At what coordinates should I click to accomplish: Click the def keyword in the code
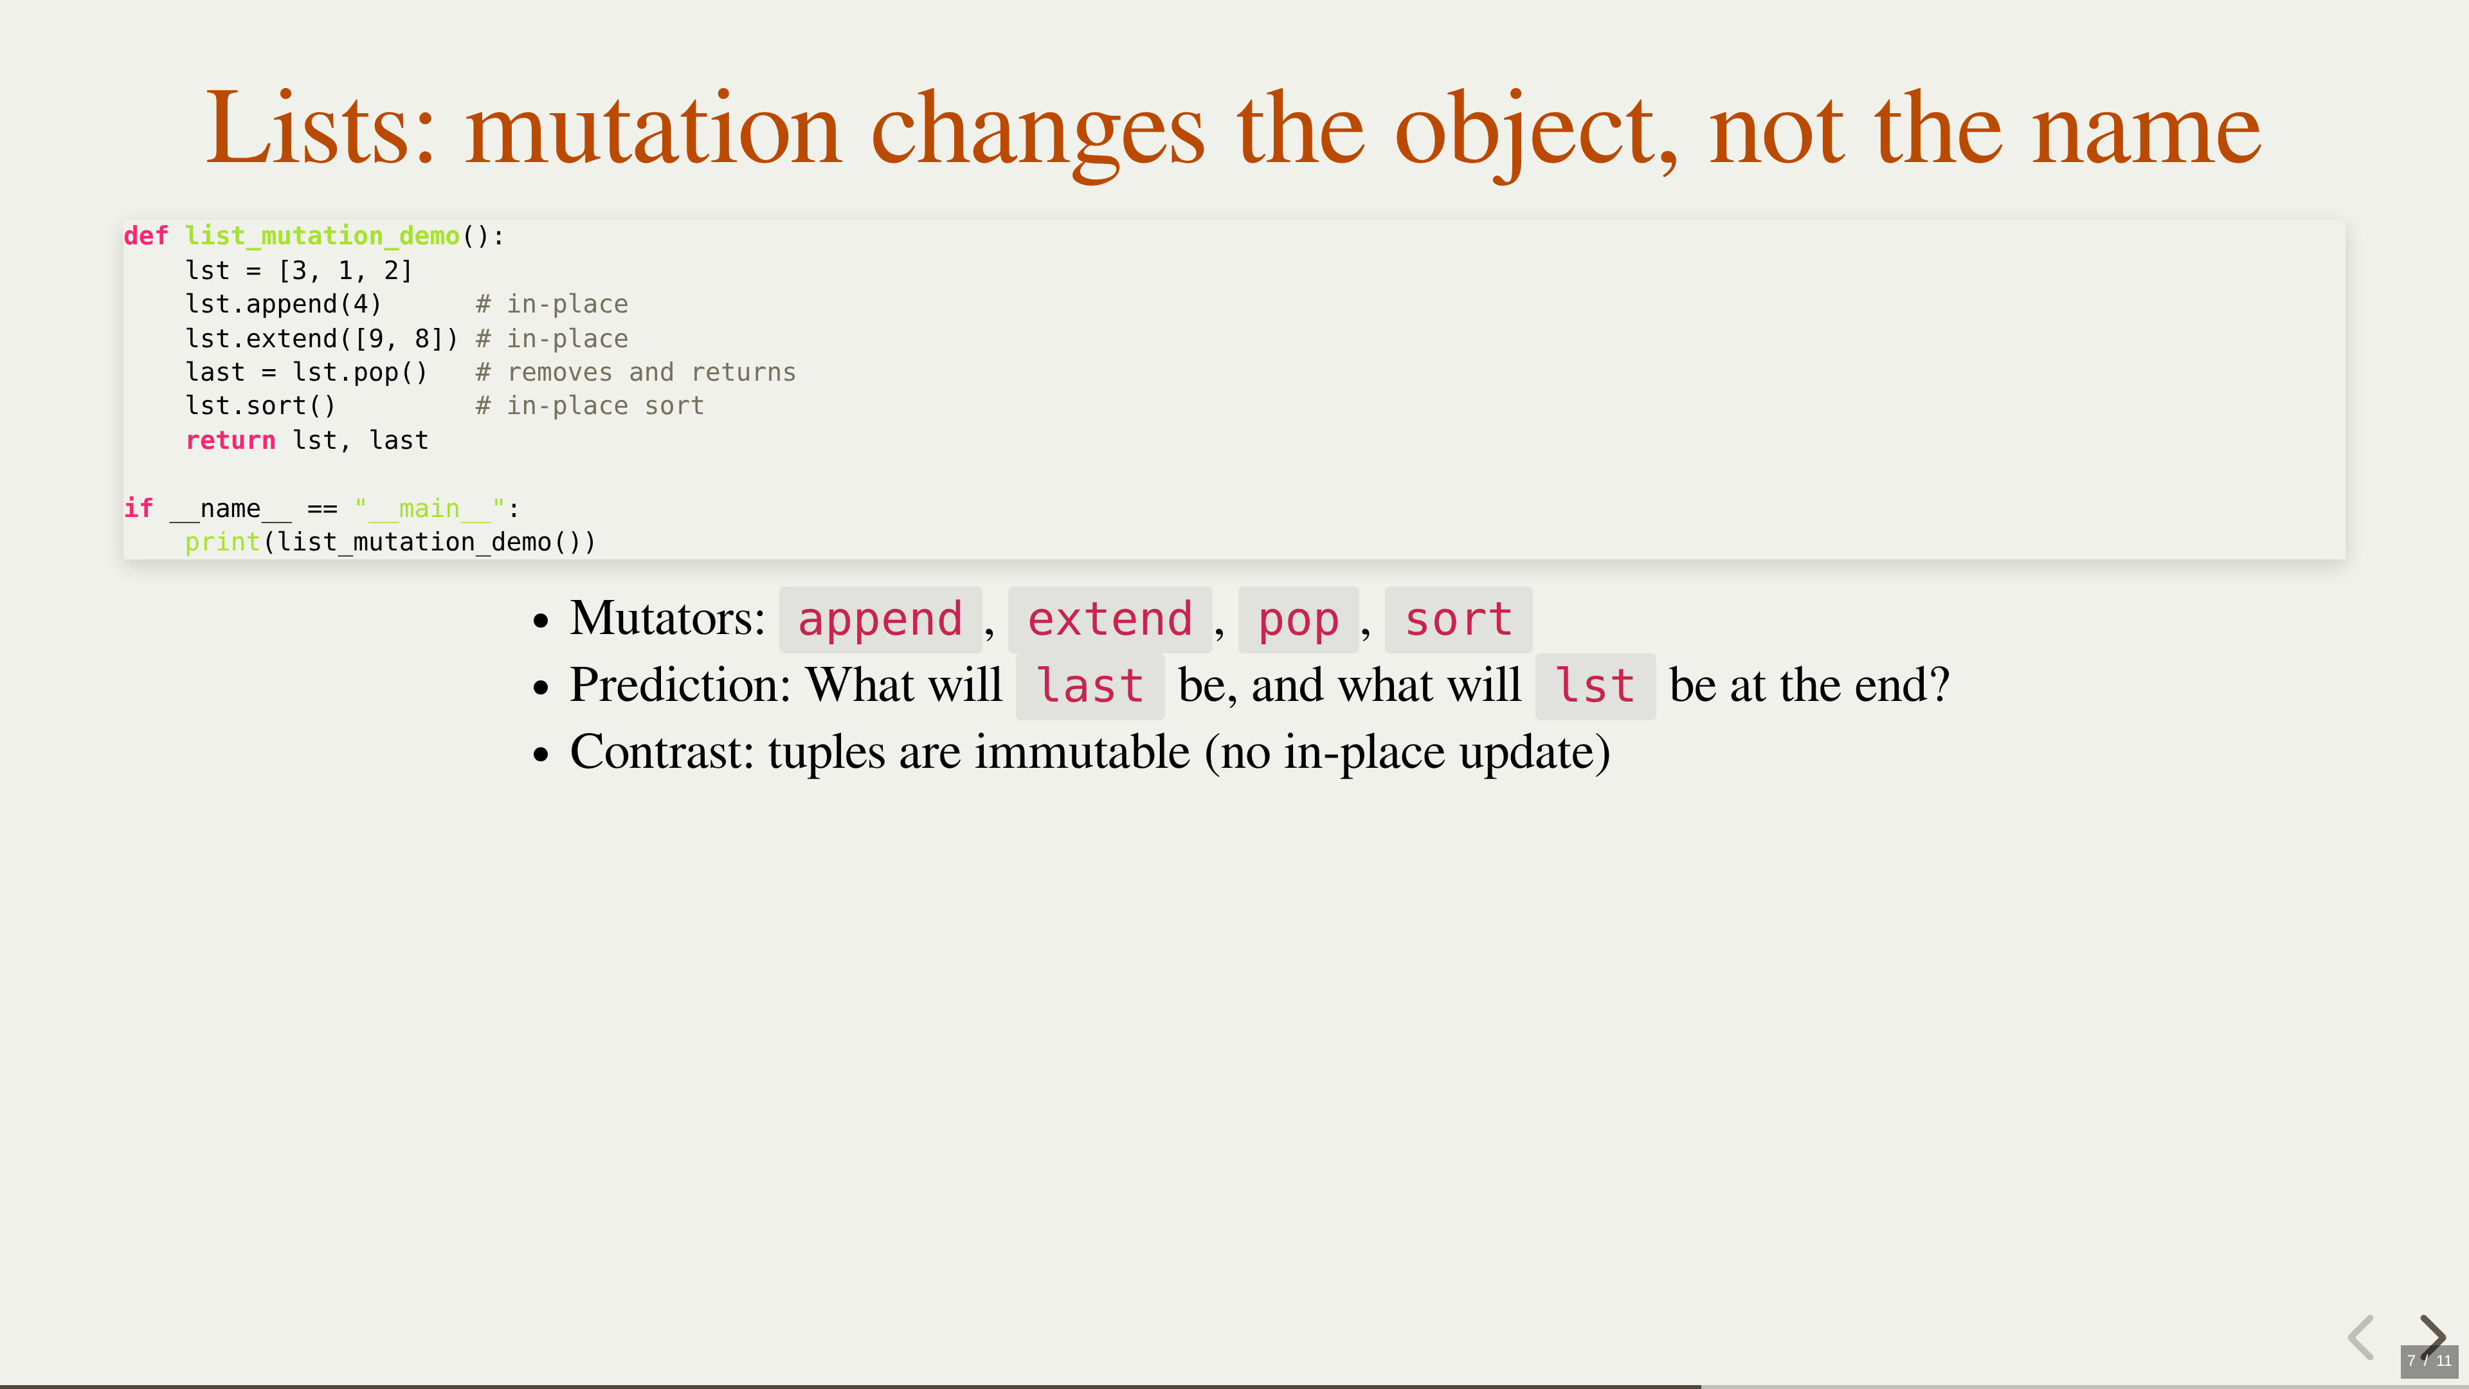(x=146, y=236)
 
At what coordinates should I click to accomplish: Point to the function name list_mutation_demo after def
(x=322, y=236)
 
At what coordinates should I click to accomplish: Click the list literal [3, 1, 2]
(x=345, y=270)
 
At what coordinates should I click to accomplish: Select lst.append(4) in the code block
(x=284, y=305)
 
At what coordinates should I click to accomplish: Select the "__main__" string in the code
(x=430, y=508)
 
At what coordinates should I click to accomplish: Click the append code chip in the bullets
(x=880, y=619)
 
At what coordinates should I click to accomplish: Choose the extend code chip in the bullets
(x=1110, y=619)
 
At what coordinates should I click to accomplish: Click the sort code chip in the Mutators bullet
(x=1458, y=619)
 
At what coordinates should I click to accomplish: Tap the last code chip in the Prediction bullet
(x=1090, y=686)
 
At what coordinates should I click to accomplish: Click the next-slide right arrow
(x=2432, y=1336)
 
